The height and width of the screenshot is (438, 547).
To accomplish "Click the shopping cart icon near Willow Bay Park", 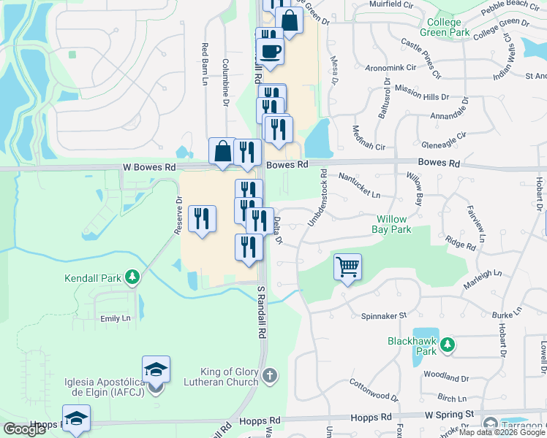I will tap(348, 266).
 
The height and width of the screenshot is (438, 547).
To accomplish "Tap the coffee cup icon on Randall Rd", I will tap(270, 52).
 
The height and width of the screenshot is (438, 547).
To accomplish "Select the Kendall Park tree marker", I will tap(132, 277).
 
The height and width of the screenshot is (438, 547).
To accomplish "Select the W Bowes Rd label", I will tap(149, 167).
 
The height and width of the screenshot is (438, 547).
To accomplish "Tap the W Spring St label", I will tap(450, 414).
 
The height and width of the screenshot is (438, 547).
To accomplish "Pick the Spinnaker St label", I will tap(383, 316).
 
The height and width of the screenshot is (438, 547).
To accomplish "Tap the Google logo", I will tap(24, 429).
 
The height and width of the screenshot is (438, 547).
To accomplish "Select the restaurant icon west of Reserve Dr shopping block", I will tap(202, 218).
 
